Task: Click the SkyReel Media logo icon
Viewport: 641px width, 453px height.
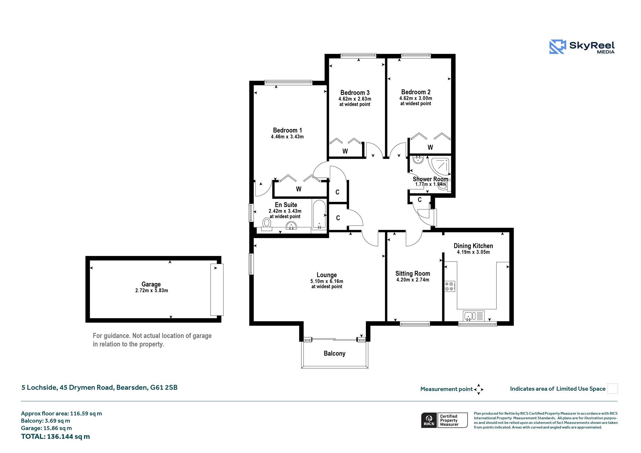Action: pyautogui.click(x=558, y=47)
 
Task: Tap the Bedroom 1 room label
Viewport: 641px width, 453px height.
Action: pyautogui.click(x=287, y=130)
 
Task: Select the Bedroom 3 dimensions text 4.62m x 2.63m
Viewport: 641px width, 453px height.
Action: pyautogui.click(x=355, y=99)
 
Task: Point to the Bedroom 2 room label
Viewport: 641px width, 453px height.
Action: pyautogui.click(x=416, y=92)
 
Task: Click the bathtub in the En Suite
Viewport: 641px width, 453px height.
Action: pyautogui.click(x=319, y=215)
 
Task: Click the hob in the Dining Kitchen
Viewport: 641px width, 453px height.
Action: pyautogui.click(x=450, y=286)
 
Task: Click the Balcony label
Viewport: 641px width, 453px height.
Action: pyautogui.click(x=335, y=354)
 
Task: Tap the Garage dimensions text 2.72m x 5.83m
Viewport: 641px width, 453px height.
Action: pyautogui.click(x=151, y=291)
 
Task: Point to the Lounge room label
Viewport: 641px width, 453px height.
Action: pyautogui.click(x=327, y=275)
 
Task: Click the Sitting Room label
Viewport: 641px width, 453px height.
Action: pyautogui.click(x=413, y=273)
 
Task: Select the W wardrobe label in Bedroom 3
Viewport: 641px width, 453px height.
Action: pyautogui.click(x=345, y=151)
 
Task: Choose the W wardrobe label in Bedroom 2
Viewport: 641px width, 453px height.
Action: pyautogui.click(x=430, y=147)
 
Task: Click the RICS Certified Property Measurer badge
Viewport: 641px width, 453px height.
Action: pyautogui.click(x=444, y=420)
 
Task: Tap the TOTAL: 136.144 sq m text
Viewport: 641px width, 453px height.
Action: pyautogui.click(x=55, y=436)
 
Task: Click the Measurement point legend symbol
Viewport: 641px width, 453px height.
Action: pyautogui.click(x=479, y=389)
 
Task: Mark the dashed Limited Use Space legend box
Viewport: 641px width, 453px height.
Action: pyautogui.click(x=613, y=389)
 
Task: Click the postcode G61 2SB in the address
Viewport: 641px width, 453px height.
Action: pyautogui.click(x=164, y=387)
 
